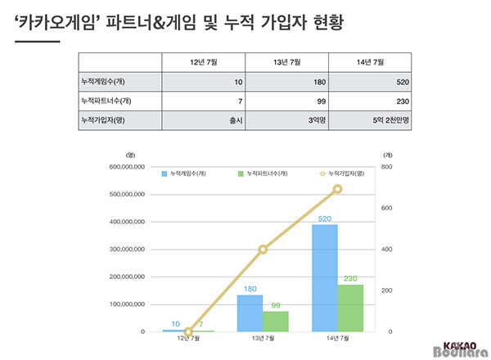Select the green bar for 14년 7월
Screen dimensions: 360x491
[x=350, y=308]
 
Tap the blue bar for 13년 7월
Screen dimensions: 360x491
[x=250, y=313]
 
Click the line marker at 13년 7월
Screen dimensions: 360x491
[x=263, y=250]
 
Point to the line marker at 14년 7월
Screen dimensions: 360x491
[x=337, y=189]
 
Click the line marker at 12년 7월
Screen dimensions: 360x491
[x=188, y=331]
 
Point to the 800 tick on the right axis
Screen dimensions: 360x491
[x=387, y=166]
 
